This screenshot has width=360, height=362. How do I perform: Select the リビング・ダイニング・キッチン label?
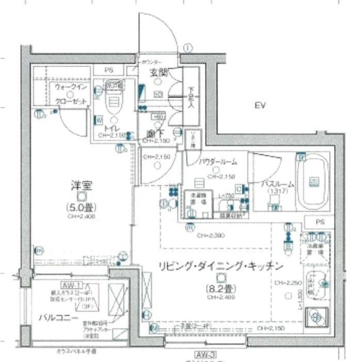point(218,266)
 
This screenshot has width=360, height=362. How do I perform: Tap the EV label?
point(259,106)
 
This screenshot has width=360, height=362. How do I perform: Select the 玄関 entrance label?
point(158,73)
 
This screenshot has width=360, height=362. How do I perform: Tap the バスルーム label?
point(277,184)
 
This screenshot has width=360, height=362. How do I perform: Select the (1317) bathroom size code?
point(276,192)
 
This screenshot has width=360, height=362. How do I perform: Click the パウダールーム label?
point(218,162)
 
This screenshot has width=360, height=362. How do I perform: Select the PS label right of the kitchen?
point(320,223)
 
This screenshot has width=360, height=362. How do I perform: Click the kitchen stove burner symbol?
point(316,316)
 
